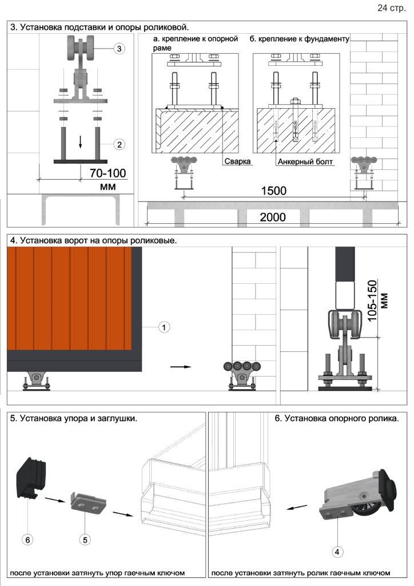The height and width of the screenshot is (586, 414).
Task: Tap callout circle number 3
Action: click(118, 49)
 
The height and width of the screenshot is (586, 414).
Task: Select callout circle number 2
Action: click(118, 144)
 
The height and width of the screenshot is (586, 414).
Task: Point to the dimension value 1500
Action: click(273, 191)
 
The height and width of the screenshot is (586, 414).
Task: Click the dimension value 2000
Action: click(273, 217)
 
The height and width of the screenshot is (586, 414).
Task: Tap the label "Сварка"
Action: click(238, 162)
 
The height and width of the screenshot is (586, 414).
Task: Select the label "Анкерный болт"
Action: click(305, 162)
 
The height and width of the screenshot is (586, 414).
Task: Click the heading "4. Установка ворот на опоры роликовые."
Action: click(93, 241)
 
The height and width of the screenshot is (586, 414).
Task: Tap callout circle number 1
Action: click(164, 327)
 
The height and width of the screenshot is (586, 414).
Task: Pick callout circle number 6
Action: click(27, 538)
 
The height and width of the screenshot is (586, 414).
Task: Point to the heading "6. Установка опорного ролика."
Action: click(336, 419)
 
